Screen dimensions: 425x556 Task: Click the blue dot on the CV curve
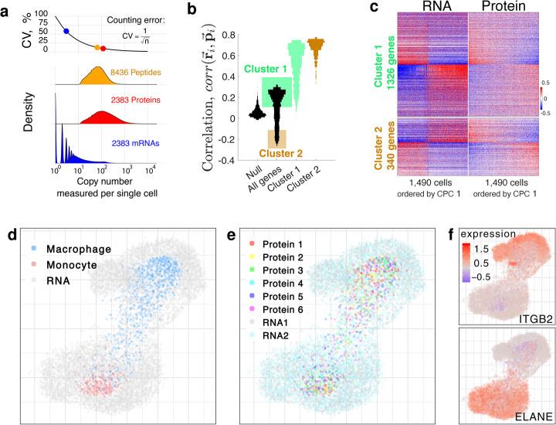(x=66, y=32)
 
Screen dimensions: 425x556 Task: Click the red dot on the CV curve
(x=103, y=47)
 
